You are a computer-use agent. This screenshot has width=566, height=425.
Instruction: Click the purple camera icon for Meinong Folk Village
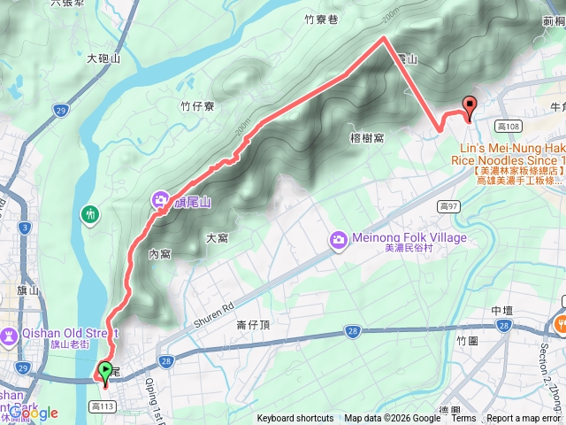(x=338, y=240)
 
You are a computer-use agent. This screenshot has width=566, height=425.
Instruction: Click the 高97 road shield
(x=449, y=206)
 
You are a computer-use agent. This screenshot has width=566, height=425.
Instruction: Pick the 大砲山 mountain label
(x=103, y=58)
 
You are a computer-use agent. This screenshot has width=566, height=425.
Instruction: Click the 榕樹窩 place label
(x=366, y=137)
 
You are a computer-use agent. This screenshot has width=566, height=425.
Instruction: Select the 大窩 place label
(x=218, y=237)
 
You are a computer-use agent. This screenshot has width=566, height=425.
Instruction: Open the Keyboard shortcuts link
(x=296, y=419)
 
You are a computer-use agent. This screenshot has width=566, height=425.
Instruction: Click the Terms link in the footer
(x=463, y=419)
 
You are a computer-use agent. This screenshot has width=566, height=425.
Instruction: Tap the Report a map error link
(x=524, y=419)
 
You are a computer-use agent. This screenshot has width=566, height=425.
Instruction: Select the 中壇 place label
(x=502, y=310)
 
